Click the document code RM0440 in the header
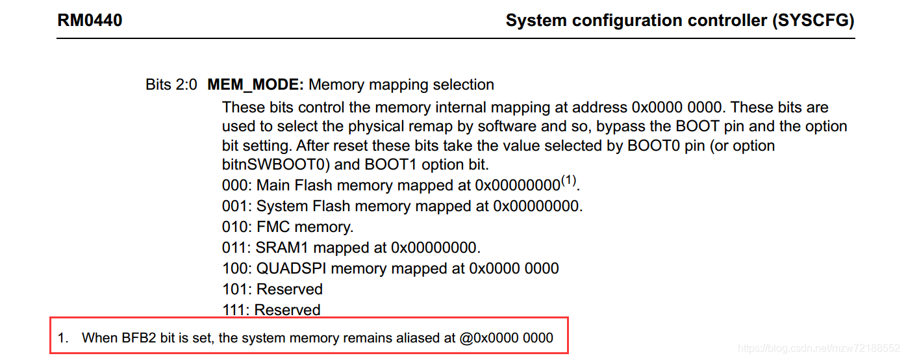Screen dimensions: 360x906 pyautogui.click(x=90, y=21)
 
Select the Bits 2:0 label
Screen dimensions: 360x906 pyautogui.click(x=171, y=84)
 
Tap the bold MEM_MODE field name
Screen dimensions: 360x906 pyautogui.click(x=255, y=84)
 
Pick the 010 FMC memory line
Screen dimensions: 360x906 pyautogui.click(x=287, y=227)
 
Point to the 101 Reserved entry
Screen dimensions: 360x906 pyautogui.click(x=272, y=289)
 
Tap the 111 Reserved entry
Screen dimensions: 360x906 pyautogui.click(x=271, y=310)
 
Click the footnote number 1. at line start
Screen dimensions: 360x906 pyautogui.click(x=62, y=338)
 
